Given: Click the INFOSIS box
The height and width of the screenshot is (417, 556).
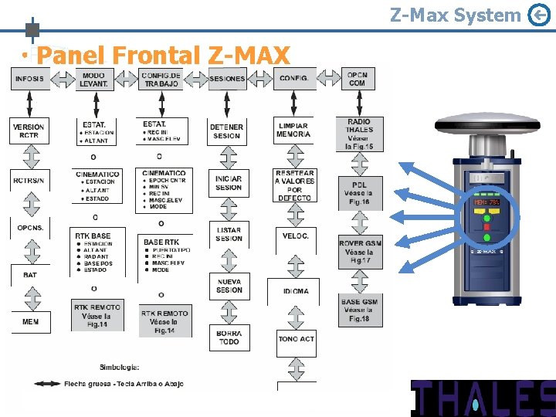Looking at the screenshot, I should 30,78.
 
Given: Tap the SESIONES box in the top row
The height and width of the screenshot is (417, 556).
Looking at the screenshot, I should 227,78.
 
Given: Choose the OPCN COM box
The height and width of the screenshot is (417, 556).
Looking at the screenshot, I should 357,78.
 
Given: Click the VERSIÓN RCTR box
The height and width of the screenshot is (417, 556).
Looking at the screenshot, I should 29,131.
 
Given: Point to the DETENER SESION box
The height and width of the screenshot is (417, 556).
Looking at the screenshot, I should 227,131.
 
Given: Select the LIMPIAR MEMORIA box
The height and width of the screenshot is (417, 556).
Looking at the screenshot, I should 293,130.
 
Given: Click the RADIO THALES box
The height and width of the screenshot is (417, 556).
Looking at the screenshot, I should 359,134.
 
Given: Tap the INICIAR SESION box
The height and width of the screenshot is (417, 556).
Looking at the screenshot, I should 229,183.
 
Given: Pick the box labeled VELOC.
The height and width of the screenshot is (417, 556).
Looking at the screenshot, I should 295,236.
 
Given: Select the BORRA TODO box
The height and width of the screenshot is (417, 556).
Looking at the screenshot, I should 229,337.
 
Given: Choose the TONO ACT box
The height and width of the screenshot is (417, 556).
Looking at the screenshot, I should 296,338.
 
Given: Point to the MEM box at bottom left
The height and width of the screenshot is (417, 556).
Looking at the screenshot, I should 30,321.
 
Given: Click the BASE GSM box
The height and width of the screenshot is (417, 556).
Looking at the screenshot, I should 360,310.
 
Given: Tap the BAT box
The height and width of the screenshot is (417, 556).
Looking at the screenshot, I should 30,274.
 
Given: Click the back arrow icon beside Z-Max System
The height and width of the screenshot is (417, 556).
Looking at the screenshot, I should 538,15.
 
